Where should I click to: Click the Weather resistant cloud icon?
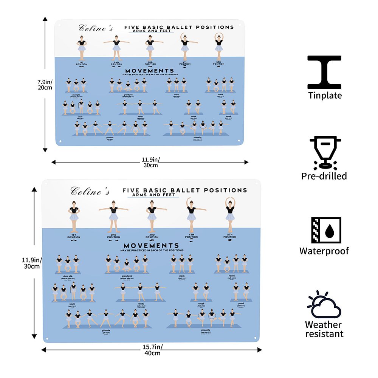point(324,306)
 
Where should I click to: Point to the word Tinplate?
point(325,96)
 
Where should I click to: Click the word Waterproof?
point(324,251)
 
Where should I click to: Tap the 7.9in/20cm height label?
point(45,84)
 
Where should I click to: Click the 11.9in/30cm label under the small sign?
point(150,162)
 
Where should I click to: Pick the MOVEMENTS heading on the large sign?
point(151,246)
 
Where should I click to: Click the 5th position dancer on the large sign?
point(230,214)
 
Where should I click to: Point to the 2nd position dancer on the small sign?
point(116,48)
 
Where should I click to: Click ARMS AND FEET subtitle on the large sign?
point(151,195)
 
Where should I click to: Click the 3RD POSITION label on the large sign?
point(152,236)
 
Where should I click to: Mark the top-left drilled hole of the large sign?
point(46,184)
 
